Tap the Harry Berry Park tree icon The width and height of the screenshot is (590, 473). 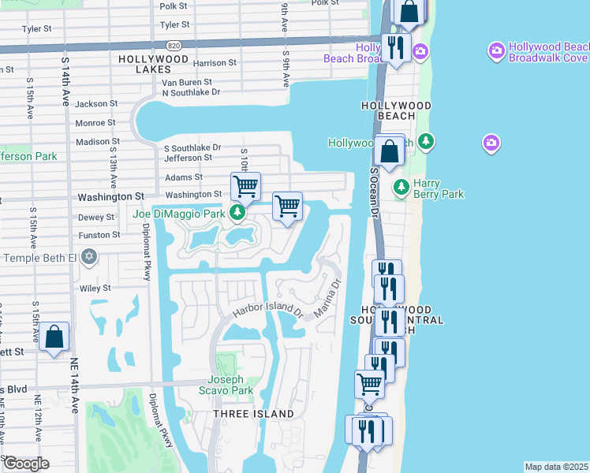(x=401, y=188)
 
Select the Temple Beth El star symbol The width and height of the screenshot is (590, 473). (x=89, y=258)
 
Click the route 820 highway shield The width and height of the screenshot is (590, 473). (x=174, y=46)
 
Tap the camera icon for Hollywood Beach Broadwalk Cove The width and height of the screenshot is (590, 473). (x=496, y=52)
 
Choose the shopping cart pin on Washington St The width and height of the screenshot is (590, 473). (x=246, y=187)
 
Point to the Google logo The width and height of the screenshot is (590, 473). (x=25, y=463)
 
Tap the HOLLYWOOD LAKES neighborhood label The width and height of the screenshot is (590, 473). (x=154, y=65)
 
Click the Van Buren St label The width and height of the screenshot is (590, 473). (x=187, y=82)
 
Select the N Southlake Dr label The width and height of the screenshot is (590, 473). (x=191, y=92)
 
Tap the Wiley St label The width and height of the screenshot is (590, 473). (x=95, y=289)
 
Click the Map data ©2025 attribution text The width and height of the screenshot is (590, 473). (x=556, y=466)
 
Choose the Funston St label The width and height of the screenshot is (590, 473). (x=99, y=235)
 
